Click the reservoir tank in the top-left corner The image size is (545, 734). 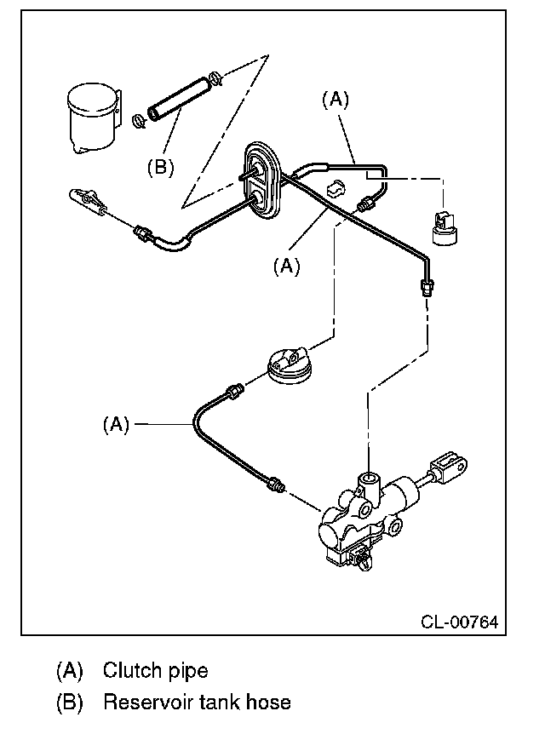click(93, 118)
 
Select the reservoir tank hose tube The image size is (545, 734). click(178, 100)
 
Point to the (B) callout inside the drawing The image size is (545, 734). click(161, 167)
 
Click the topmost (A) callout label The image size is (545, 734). click(336, 100)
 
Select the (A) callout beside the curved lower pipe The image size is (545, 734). click(116, 425)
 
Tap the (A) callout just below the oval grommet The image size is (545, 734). click(286, 266)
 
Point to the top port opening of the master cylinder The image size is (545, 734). click(370, 479)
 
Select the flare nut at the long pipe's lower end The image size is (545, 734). click(427, 286)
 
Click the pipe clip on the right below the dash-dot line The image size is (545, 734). click(444, 227)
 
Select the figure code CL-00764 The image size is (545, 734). click(459, 622)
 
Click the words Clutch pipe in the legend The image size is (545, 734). click(156, 670)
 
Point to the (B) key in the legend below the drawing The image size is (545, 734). click(69, 702)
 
